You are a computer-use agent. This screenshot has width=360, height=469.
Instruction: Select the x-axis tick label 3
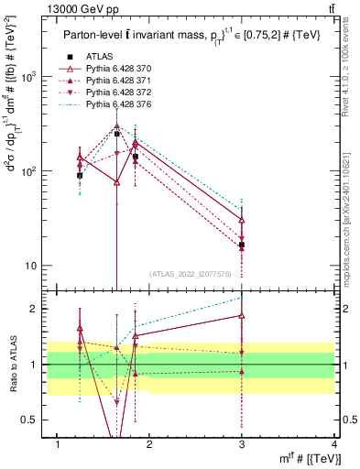[242, 444]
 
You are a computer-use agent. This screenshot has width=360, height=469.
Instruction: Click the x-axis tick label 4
[333, 444]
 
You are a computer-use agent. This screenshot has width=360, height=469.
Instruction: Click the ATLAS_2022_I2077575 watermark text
[193, 274]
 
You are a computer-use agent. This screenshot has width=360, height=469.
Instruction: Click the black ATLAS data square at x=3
[242, 245]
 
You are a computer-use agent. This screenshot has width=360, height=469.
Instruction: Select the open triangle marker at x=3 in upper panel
[242, 220]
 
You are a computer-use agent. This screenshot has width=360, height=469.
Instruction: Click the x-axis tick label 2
[150, 444]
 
